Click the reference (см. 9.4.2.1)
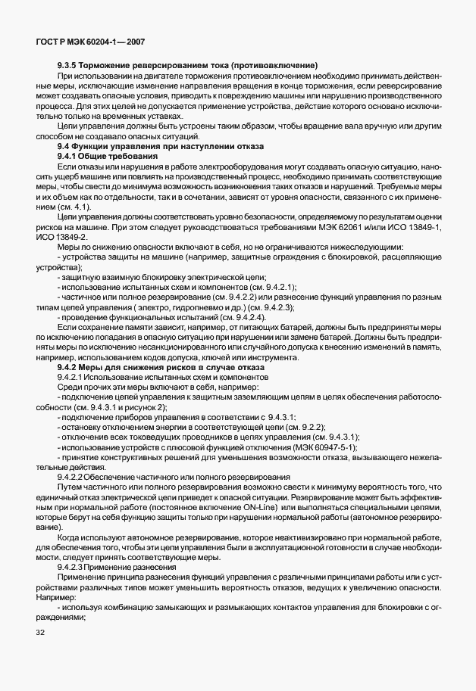coord(271,287)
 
